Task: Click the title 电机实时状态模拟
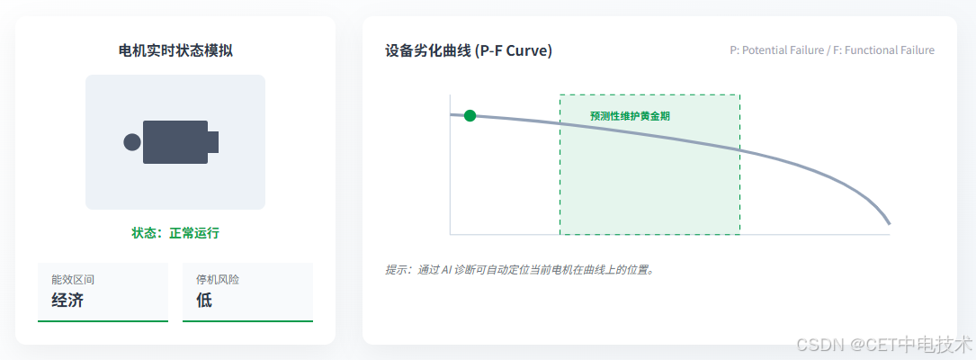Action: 175,50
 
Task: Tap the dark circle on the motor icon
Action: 132,142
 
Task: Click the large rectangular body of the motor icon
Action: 175,142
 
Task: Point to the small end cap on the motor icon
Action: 213,142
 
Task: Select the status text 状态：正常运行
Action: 175,233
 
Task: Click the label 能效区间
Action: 73,280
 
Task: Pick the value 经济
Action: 67,301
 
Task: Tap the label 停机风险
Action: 218,280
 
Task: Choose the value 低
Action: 204,301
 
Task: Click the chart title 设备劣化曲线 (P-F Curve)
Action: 468,50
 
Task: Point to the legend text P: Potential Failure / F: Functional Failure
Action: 831,50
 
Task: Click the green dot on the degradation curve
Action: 470,115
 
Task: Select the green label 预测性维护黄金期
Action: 630,116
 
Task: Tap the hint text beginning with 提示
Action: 519,269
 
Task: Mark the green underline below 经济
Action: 103,320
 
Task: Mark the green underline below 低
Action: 247,320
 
